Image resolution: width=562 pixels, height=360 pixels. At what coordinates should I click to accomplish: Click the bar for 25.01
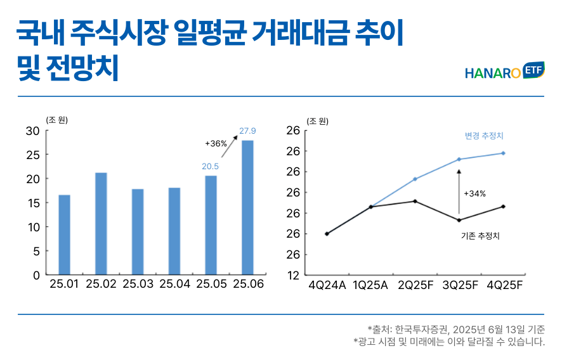[64, 235]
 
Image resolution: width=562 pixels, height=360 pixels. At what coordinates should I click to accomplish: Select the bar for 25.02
[101, 223]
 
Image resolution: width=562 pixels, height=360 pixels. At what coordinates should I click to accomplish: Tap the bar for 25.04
[174, 231]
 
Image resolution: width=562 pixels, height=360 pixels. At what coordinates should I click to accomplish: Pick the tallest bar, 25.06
[247, 207]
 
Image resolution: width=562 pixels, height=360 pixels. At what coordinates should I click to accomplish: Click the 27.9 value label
[247, 131]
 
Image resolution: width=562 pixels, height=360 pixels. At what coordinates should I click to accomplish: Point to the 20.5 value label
[211, 166]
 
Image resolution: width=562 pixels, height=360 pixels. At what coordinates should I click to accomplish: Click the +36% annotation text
[216, 144]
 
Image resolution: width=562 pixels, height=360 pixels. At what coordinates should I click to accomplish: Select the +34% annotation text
[474, 193]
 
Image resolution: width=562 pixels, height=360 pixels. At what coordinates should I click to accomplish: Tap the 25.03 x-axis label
[138, 285]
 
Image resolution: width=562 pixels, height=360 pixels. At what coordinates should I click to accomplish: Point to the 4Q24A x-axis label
[327, 285]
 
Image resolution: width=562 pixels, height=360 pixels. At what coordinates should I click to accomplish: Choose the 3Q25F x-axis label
[459, 285]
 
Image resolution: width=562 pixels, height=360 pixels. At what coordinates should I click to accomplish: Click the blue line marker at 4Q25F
[503, 153]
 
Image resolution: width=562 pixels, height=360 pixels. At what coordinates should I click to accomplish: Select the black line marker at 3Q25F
[459, 220]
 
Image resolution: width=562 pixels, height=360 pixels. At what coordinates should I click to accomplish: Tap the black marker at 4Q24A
[327, 234]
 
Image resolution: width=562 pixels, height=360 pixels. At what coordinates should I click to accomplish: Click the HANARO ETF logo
[504, 72]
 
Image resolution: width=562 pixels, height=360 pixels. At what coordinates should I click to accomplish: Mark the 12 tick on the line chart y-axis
[293, 275]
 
